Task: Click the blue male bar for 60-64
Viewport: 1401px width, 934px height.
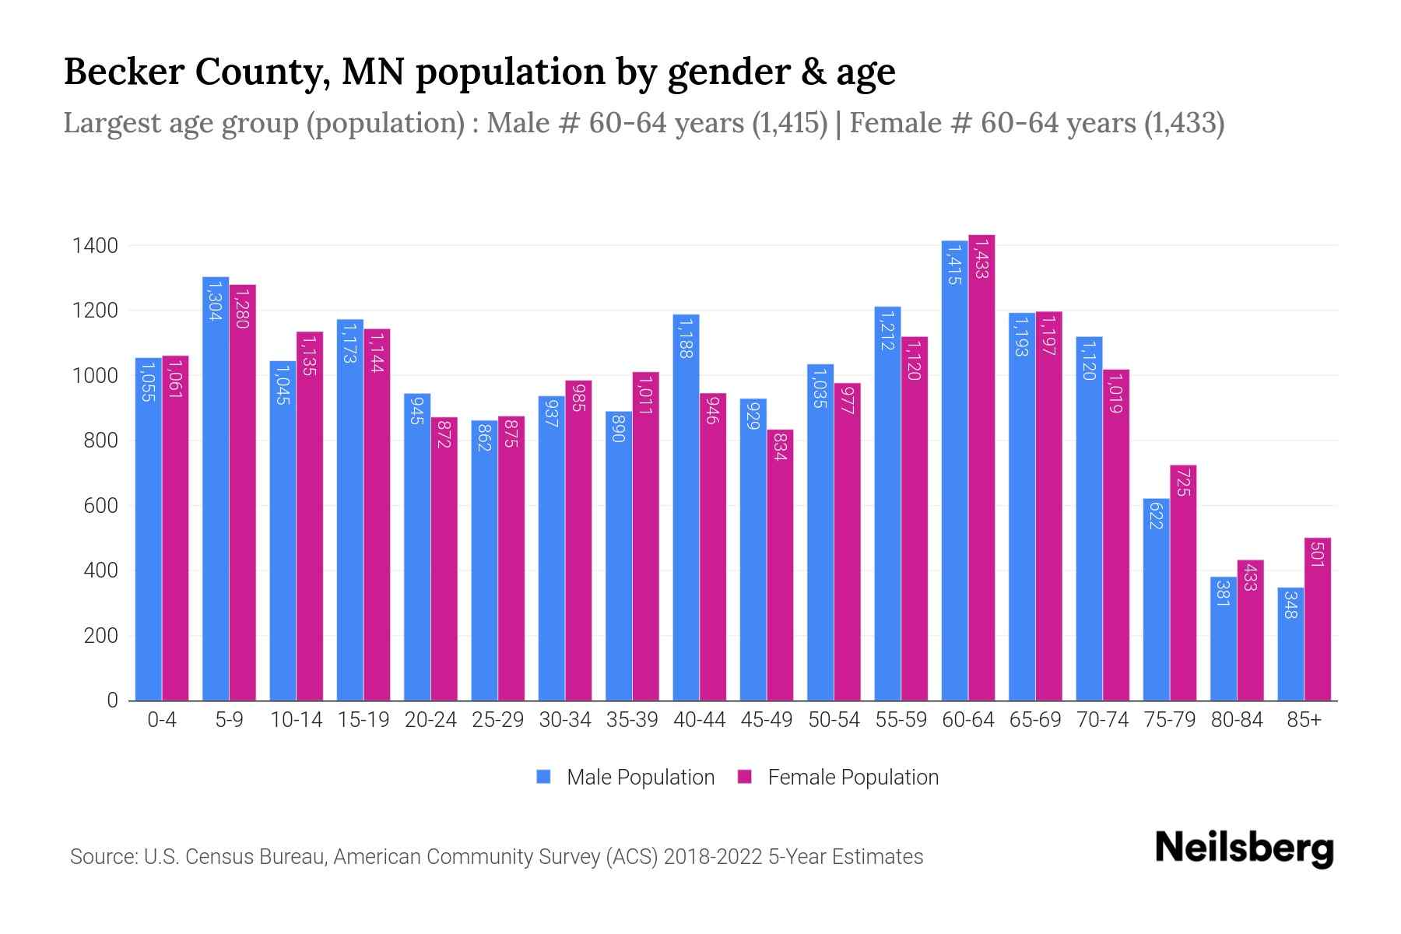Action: click(954, 471)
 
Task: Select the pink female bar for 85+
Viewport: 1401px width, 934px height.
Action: click(1317, 619)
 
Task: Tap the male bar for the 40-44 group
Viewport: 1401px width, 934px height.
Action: click(686, 507)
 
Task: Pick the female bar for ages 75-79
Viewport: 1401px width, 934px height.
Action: click(1183, 583)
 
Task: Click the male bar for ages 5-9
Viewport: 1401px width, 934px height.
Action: click(216, 489)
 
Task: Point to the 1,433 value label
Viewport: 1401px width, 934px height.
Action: click(981, 259)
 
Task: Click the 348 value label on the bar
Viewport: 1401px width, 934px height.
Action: click(1290, 605)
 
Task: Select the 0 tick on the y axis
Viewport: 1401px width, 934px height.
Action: click(113, 700)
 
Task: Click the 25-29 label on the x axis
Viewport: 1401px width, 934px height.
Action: click(497, 720)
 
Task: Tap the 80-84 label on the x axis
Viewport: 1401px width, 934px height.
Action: click(1236, 720)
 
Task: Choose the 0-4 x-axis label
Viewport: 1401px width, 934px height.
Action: click(162, 720)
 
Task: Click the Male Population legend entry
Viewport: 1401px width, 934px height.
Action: click(640, 778)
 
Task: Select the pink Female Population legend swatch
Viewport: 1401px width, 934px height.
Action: click(745, 777)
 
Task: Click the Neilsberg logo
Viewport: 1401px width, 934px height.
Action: click(1244, 848)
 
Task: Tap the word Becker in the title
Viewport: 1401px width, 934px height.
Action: click(124, 72)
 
